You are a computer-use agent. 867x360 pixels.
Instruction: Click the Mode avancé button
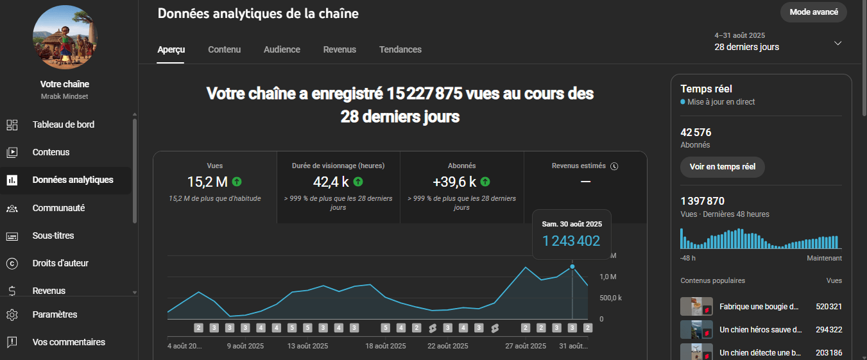(813, 12)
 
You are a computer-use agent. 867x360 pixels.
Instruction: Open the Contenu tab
(224, 49)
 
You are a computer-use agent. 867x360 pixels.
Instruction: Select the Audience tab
(282, 49)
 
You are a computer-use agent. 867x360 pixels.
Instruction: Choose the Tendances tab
(400, 49)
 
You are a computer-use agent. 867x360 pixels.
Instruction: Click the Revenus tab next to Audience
(339, 49)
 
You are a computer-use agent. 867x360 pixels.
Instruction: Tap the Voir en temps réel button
(722, 166)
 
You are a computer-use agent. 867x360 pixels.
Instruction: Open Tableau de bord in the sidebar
(64, 124)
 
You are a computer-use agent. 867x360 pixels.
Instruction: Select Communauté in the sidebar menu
(58, 208)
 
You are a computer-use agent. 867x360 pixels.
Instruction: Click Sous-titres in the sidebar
(53, 236)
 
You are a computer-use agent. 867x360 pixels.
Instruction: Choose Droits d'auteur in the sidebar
(60, 263)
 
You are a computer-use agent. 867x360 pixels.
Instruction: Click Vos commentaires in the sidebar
(69, 342)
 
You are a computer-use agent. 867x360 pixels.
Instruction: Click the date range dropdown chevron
(837, 43)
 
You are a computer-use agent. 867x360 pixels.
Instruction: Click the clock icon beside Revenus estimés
(614, 166)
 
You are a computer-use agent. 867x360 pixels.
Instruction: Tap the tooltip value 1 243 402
(571, 241)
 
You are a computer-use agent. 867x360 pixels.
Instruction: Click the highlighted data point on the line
(572, 266)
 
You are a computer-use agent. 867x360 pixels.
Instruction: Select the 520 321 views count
(828, 307)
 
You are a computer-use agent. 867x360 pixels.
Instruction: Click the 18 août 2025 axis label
(385, 346)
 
